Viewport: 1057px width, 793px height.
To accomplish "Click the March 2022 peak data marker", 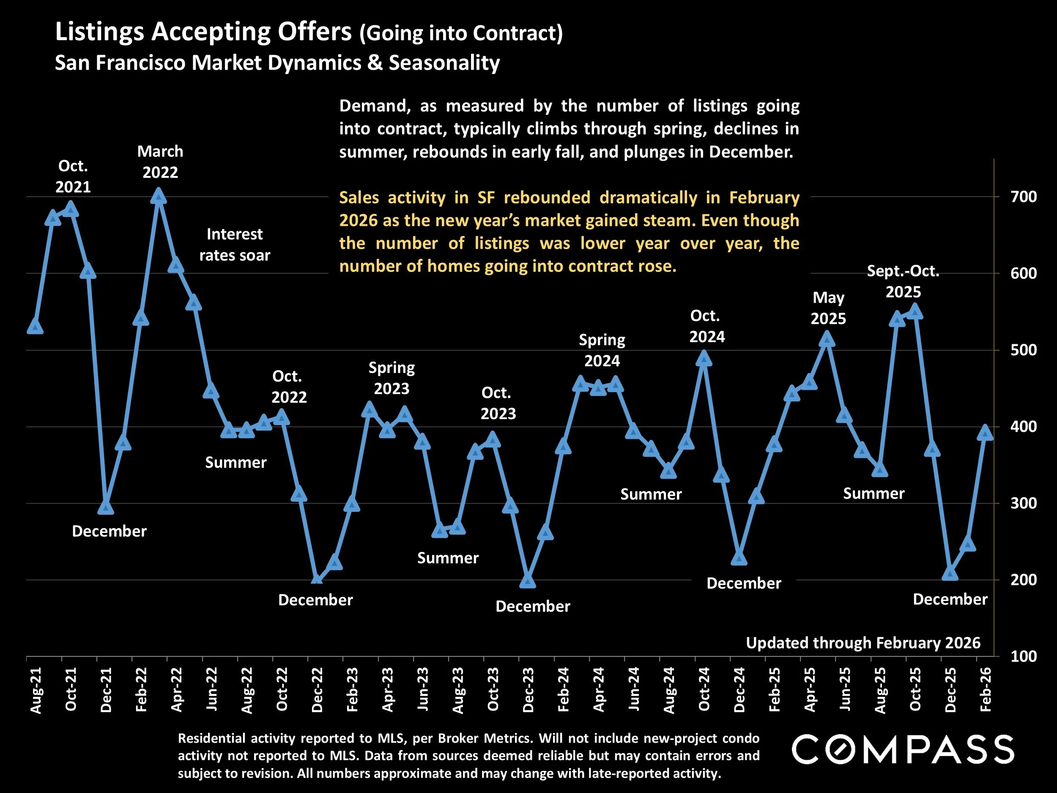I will tap(159, 197).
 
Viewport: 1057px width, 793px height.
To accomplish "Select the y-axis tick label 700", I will tap(1023, 197).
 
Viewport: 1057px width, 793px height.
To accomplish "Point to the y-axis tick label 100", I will tap(1023, 656).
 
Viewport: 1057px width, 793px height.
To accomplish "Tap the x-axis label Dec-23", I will tap(528, 690).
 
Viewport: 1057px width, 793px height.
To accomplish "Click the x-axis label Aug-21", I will tap(36, 690).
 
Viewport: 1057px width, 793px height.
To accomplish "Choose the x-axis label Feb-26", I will tap(985, 690).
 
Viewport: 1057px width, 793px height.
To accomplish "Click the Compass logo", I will tap(903, 749).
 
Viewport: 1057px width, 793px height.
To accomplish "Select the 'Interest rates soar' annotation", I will tap(234, 245).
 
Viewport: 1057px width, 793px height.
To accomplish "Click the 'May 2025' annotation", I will tap(828, 308).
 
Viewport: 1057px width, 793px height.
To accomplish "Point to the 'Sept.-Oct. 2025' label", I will tap(903, 282).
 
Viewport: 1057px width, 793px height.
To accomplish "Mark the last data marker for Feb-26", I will tap(985, 433).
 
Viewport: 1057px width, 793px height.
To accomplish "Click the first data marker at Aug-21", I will tap(36, 327).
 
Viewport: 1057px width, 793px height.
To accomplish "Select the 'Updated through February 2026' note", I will tap(863, 643).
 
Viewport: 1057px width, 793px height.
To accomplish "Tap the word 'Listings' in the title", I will tap(99, 33).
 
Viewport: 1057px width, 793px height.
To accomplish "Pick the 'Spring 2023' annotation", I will tap(392, 378).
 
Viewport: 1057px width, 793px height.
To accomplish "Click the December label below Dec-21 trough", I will tap(109, 531).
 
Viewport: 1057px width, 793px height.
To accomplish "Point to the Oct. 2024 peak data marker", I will tap(704, 359).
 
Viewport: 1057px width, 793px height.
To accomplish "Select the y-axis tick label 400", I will tap(1023, 426).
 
